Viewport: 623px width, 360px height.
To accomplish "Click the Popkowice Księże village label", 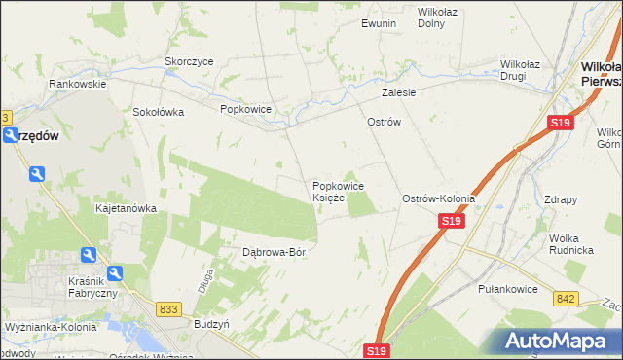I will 338,192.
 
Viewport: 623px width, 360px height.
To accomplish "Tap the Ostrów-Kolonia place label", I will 439,198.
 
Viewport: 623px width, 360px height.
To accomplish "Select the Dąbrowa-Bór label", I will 274,252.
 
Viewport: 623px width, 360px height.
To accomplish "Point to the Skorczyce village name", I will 189,60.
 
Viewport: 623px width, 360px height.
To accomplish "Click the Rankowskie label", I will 78,84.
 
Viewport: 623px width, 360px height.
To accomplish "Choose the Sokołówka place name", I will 159,112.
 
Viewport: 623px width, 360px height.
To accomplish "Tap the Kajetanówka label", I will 126,208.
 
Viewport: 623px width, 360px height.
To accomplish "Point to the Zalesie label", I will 399,93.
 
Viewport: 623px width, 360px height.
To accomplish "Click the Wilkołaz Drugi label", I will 527,71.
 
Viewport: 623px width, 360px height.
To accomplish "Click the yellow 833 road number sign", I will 167,308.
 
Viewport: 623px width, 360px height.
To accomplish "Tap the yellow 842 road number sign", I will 567,299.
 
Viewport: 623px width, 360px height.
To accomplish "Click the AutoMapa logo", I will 561,341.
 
